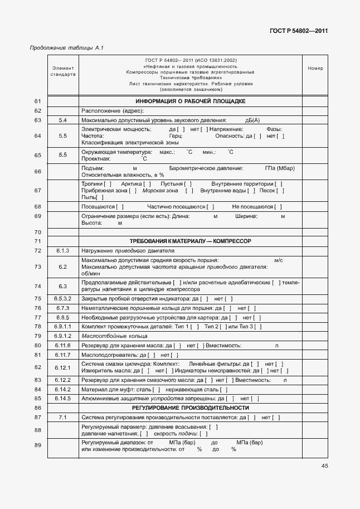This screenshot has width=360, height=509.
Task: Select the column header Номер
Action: tap(315, 69)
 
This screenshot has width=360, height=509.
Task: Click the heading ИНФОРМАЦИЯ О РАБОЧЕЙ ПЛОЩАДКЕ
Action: tap(191, 101)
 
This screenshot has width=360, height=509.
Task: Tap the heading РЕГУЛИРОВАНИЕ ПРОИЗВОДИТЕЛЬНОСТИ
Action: tap(191, 408)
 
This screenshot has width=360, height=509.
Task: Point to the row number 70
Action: tap(38, 231)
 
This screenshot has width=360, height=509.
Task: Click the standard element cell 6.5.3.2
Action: tap(62, 298)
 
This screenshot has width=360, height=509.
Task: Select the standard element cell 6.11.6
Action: tap(62, 346)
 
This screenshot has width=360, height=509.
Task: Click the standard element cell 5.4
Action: tap(62, 120)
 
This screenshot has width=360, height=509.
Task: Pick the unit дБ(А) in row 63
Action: tap(252, 120)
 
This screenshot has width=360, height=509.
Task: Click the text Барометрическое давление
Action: tap(206, 168)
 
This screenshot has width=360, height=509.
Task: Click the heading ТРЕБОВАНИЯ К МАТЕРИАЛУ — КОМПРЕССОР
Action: tap(191, 241)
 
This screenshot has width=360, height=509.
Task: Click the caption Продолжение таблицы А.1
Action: tap(66, 49)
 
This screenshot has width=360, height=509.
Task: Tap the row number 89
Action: tap(38, 445)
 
